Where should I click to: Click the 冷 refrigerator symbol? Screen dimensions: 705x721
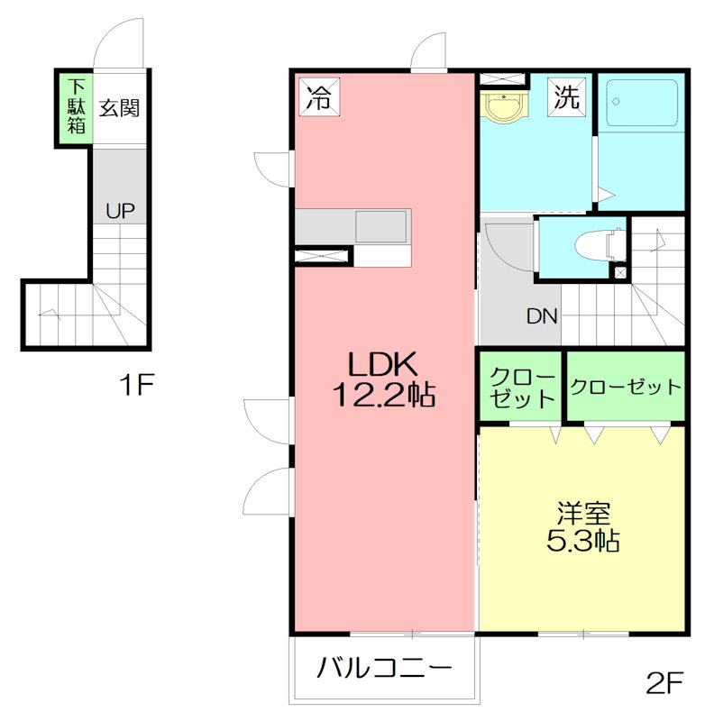[319, 96]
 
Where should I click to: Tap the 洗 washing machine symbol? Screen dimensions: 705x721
[566, 96]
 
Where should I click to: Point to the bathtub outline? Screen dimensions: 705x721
[642, 103]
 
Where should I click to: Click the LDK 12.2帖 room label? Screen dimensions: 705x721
[383, 379]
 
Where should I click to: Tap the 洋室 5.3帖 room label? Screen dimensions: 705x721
[582, 527]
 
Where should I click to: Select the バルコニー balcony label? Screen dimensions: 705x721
[384, 668]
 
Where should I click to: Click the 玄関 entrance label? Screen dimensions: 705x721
[119, 108]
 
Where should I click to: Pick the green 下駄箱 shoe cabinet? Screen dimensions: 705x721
[76, 107]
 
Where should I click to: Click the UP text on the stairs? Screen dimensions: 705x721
[121, 211]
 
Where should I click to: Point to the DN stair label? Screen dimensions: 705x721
[542, 316]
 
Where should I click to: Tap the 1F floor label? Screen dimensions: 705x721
[136, 385]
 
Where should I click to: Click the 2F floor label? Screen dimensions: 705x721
[664, 683]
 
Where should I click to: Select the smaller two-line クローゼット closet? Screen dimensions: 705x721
[521, 386]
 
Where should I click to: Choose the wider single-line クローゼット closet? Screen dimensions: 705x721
[626, 386]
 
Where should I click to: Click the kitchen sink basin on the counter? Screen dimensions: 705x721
[380, 226]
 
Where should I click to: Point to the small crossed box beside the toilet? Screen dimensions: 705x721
[620, 273]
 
